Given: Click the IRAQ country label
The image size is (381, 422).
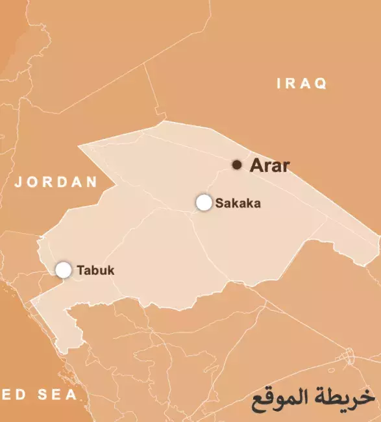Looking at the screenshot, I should coord(302,84).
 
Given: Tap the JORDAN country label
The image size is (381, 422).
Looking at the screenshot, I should coord(56,182).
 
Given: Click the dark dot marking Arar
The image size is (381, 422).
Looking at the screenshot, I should coord(238,165).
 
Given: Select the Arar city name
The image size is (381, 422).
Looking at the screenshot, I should coord(269,166).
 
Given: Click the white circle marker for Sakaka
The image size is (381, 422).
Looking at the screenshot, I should coord(204,203).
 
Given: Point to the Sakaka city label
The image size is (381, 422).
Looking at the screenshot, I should coord(238,203).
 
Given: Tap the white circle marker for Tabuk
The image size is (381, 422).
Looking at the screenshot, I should coord(63,270).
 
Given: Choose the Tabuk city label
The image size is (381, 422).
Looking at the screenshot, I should coord(95,271).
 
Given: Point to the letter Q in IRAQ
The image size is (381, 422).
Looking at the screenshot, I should coord(321,84).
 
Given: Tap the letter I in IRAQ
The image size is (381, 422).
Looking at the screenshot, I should coord(280,84).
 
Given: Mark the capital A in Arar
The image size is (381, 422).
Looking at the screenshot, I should coord(256,166).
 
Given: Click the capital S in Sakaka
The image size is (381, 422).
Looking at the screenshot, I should coord(219,203).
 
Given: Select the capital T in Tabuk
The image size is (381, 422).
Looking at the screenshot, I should coord(80,271).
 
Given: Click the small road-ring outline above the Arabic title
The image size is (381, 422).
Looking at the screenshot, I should coord(349,356).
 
